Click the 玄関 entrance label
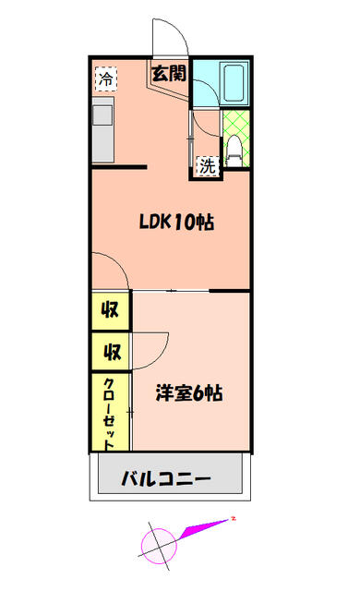pos(169,74)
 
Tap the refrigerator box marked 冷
pos(106,78)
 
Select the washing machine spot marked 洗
pos(208,166)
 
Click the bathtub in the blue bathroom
pos(234,84)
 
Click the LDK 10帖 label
pos(176,222)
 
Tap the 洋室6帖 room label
pos(189,393)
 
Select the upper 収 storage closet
pos(111,310)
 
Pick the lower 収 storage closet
pos(111,352)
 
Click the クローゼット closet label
pos(109,414)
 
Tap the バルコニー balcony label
pos(165,479)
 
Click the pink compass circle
pos(159,546)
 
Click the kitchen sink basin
pos(102,115)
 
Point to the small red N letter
pos(234,519)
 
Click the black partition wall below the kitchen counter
pos(119,167)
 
